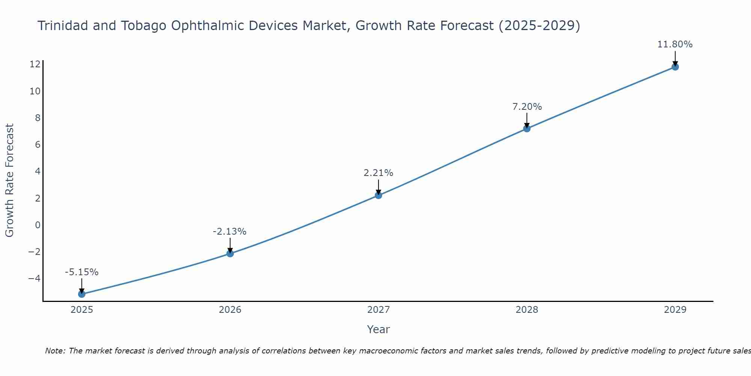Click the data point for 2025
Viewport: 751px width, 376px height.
point(81,294)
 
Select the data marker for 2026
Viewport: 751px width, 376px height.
point(230,253)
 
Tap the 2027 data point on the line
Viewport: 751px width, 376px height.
point(378,195)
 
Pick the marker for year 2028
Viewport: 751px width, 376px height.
point(526,129)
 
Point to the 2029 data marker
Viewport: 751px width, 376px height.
point(675,67)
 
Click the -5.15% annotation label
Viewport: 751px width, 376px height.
point(81,272)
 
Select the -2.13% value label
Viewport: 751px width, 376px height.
point(229,232)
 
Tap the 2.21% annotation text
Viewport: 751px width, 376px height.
point(378,173)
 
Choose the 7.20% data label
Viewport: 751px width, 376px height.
point(527,107)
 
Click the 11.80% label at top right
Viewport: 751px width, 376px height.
point(675,44)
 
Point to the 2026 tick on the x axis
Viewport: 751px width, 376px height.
point(230,310)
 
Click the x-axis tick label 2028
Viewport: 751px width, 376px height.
point(526,310)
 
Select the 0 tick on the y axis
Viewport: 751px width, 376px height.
point(38,225)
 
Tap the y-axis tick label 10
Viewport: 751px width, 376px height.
point(35,91)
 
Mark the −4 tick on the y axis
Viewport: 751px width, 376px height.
point(34,279)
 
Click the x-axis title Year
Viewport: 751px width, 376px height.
point(378,329)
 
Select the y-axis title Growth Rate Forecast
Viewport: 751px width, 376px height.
point(9,180)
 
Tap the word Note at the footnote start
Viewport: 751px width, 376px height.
point(54,351)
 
